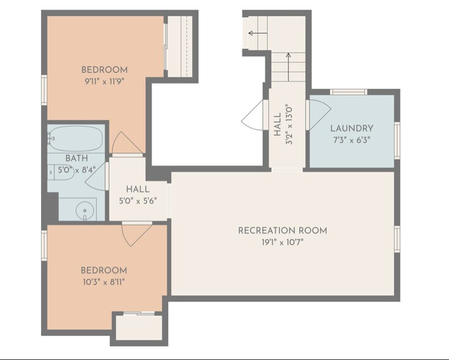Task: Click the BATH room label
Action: point(76,158)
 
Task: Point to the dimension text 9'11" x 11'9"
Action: point(105,80)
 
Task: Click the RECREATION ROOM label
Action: point(282,230)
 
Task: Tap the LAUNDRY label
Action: point(351,129)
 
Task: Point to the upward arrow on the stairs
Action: point(288,61)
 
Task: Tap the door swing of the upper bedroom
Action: point(127,144)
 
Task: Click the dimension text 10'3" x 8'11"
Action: point(104,282)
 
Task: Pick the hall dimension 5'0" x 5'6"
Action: point(138,200)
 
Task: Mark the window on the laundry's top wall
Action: point(349,92)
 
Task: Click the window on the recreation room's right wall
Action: point(397,239)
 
